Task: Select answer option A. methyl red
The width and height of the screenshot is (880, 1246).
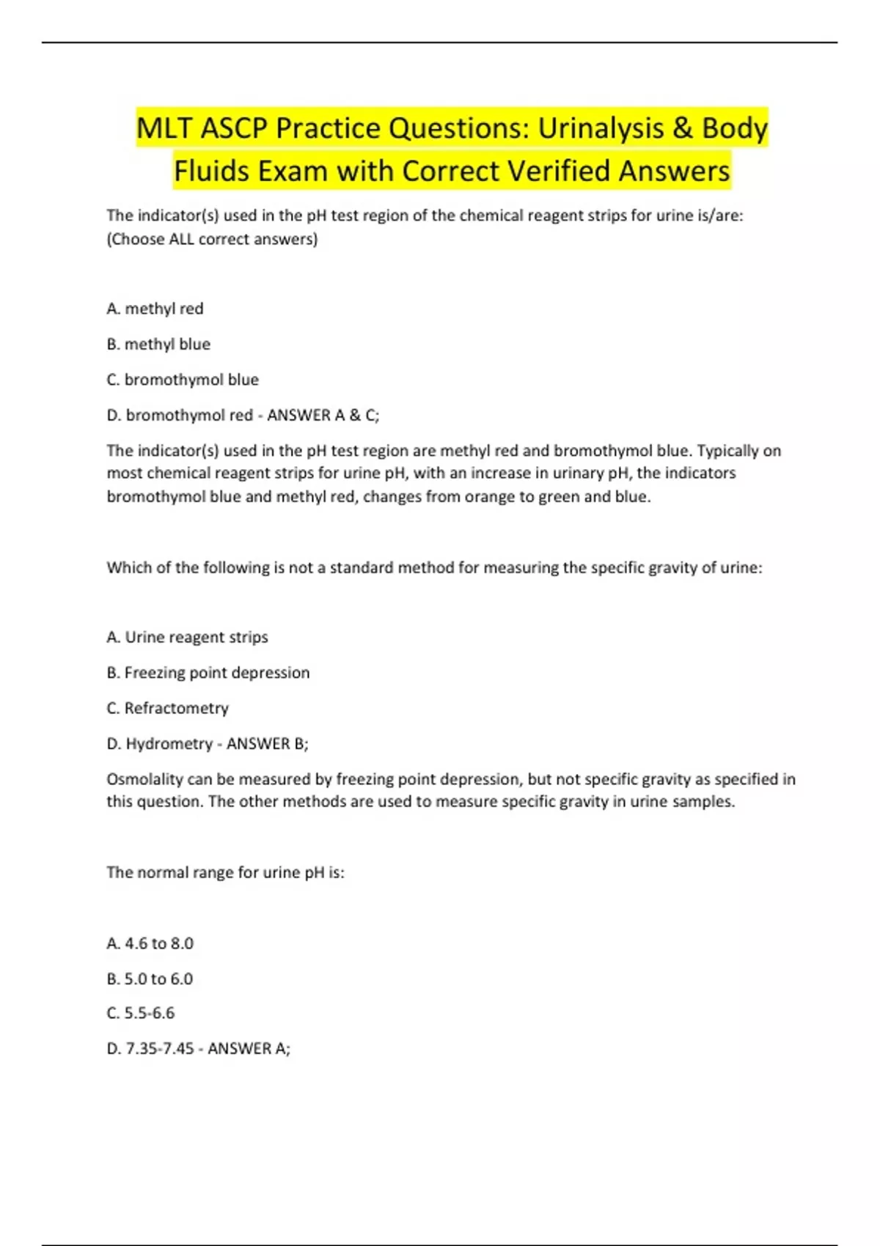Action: coord(155,309)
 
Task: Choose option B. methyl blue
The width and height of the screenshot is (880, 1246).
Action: coord(158,344)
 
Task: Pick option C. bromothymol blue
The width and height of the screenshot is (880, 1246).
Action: coord(183,380)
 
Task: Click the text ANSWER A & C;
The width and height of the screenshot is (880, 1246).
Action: coord(323,415)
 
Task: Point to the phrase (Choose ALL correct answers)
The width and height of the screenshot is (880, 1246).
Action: coord(212,239)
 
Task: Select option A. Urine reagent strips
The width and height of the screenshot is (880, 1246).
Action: coord(187,637)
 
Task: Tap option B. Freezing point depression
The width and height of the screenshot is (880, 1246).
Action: coord(208,672)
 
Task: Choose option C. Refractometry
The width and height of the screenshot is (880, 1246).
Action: coord(167,708)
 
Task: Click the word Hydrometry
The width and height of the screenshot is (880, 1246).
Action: coord(169,743)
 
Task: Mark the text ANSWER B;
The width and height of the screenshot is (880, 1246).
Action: coord(268,743)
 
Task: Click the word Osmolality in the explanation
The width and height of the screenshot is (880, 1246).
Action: coord(144,778)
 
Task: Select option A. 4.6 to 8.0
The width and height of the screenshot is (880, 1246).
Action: coord(150,943)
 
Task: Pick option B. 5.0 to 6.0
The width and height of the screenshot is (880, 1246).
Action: coord(150,978)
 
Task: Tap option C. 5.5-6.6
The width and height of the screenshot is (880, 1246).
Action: coord(141,1013)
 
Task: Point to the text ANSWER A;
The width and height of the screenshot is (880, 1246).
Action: coord(249,1048)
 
